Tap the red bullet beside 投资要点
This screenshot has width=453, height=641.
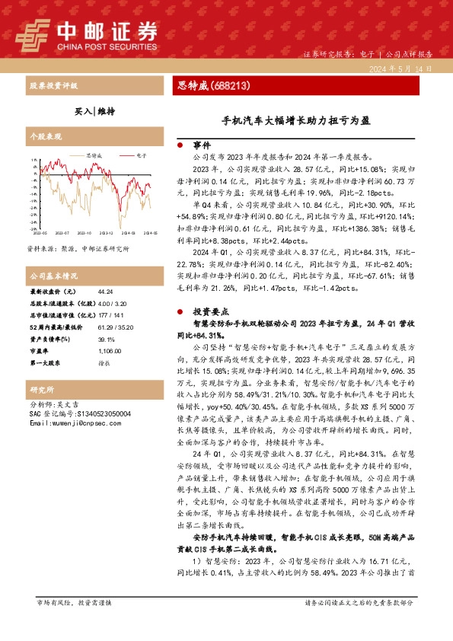tap(180, 311)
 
